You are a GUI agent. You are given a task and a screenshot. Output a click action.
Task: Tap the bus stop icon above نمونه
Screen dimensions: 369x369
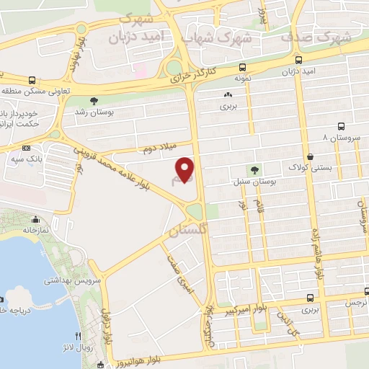[x=238, y=62]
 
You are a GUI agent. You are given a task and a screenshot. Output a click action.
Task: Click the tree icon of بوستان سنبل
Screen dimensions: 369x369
[x=254, y=170]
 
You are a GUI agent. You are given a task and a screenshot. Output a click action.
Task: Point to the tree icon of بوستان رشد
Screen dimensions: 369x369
[x=93, y=101]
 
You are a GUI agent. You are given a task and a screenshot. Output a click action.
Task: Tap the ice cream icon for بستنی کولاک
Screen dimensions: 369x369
[x=310, y=156]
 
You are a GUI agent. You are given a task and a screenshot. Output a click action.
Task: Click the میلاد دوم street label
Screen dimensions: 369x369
[x=158, y=148]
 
